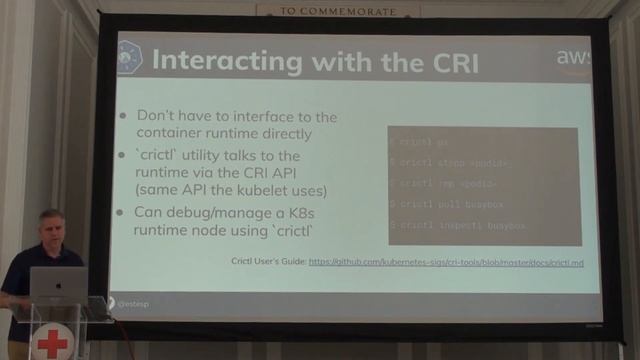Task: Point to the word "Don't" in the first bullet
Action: tap(158, 117)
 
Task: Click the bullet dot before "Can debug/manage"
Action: tap(123, 212)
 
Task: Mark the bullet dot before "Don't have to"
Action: tap(123, 117)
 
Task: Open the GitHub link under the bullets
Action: tap(449, 261)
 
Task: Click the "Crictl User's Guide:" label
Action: tap(267, 261)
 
